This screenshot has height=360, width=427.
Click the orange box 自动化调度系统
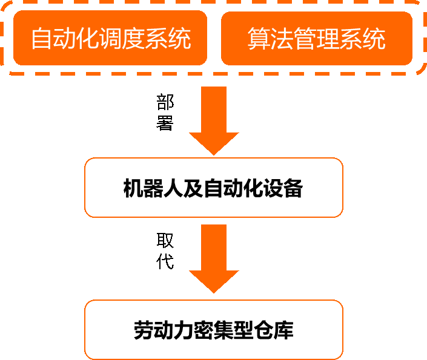coord(110,38)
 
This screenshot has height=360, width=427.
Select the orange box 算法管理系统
coord(316,38)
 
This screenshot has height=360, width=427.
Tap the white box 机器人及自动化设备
coord(213,188)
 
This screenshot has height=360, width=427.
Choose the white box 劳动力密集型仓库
coord(213,330)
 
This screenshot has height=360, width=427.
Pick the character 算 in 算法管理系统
coord(259,39)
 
